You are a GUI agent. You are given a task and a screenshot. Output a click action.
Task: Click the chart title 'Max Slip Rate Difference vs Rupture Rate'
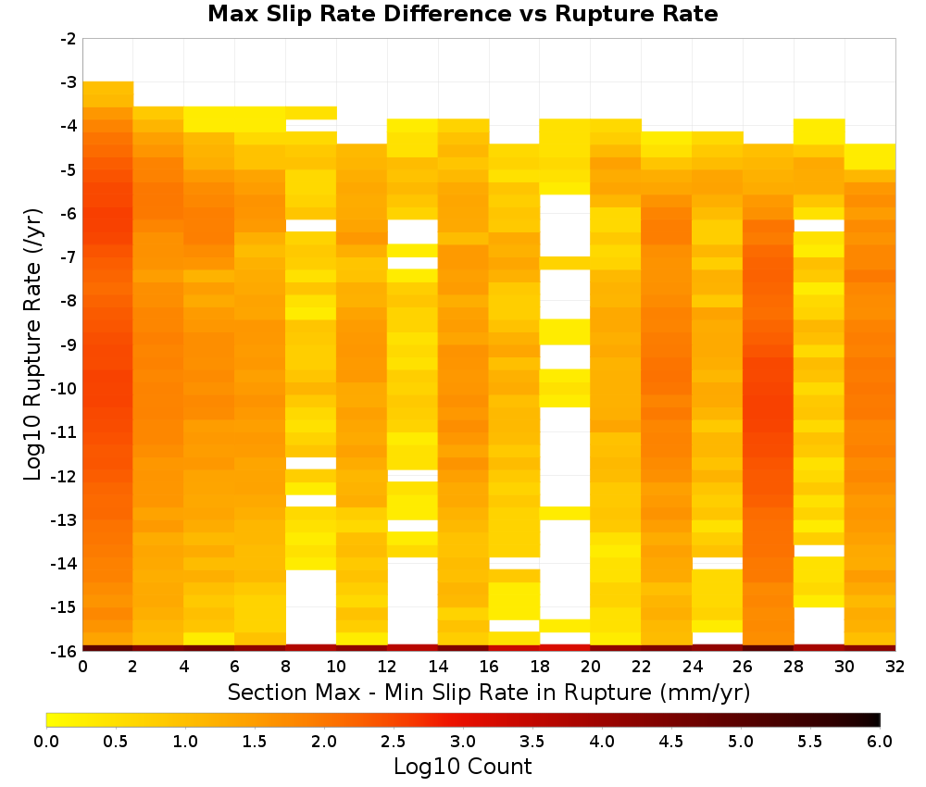pos(462,14)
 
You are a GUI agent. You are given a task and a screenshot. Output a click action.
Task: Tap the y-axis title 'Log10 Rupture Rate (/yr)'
pos(33,344)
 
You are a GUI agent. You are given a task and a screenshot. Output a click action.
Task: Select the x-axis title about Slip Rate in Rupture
pos(488,693)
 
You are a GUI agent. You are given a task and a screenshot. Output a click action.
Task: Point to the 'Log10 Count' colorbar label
pos(462,767)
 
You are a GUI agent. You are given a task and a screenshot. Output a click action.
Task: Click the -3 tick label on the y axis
pos(69,82)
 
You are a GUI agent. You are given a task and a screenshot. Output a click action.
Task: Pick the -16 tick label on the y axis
pos(65,651)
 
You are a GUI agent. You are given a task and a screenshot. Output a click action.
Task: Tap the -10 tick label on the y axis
pos(65,389)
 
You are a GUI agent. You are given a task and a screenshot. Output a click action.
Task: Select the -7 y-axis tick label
pos(69,257)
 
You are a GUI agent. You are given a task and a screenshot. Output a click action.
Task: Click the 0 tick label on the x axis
pos(82,667)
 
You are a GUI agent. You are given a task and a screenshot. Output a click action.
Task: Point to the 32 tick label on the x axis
pos(895,667)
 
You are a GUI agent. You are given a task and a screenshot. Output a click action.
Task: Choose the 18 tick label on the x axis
pos(540,667)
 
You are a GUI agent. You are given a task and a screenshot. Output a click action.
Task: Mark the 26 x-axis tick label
pos(743,667)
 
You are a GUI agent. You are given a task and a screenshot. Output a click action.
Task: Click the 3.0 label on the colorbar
pos(463,741)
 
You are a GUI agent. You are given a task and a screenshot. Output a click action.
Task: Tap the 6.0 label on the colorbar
pos(880,741)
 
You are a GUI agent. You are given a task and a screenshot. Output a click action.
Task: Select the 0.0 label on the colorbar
pos(46,741)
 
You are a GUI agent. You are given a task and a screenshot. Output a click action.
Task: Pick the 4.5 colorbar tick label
pos(671,741)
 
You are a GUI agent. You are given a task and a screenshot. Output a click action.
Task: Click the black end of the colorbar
pos(877,719)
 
